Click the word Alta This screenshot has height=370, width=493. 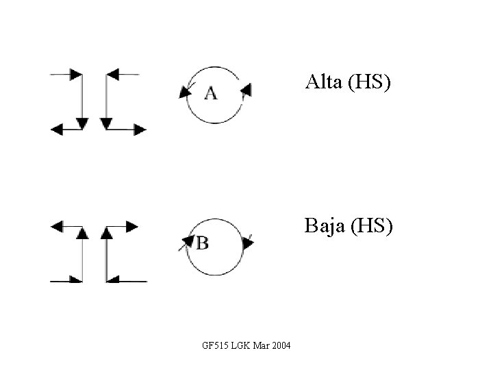(325, 84)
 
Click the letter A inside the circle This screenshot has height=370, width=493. (211, 93)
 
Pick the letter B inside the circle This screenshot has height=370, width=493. (203, 243)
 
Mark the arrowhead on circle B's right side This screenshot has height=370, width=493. (248, 243)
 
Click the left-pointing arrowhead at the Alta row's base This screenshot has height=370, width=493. (56, 128)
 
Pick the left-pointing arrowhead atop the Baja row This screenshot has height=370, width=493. (58, 226)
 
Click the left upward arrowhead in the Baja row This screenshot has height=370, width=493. (82, 233)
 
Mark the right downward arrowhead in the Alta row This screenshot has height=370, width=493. (106, 123)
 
